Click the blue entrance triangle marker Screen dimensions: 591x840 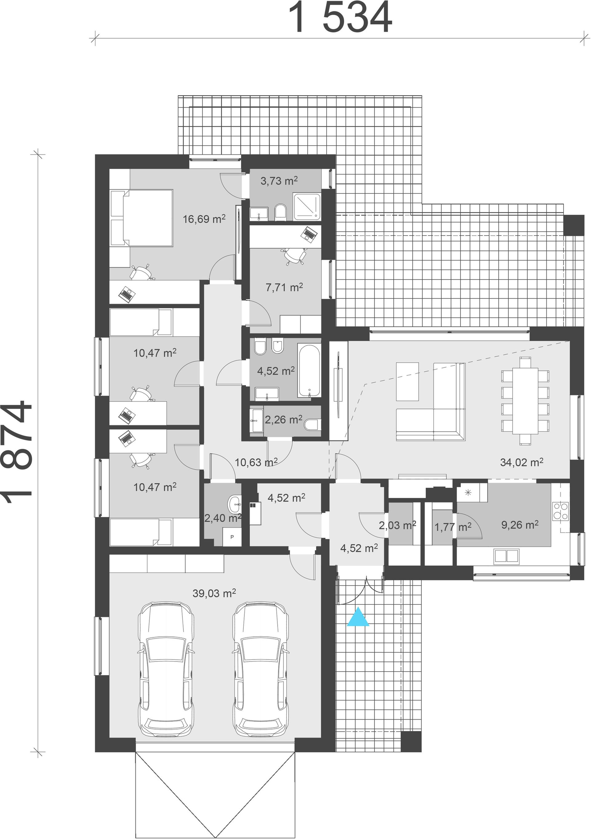[358, 617]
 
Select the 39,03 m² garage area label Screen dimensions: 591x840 [214, 593]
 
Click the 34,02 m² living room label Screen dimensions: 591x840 [521, 462]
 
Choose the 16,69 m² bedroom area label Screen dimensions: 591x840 [204, 219]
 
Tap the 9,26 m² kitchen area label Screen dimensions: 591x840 [520, 525]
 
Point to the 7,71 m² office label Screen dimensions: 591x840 [284, 288]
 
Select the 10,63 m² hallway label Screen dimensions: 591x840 [256, 462]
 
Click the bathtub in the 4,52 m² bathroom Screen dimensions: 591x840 [309, 370]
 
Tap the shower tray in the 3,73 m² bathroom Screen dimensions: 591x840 [307, 207]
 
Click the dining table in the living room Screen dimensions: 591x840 [525, 401]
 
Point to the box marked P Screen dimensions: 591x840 [232, 537]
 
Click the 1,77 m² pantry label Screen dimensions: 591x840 [453, 527]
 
